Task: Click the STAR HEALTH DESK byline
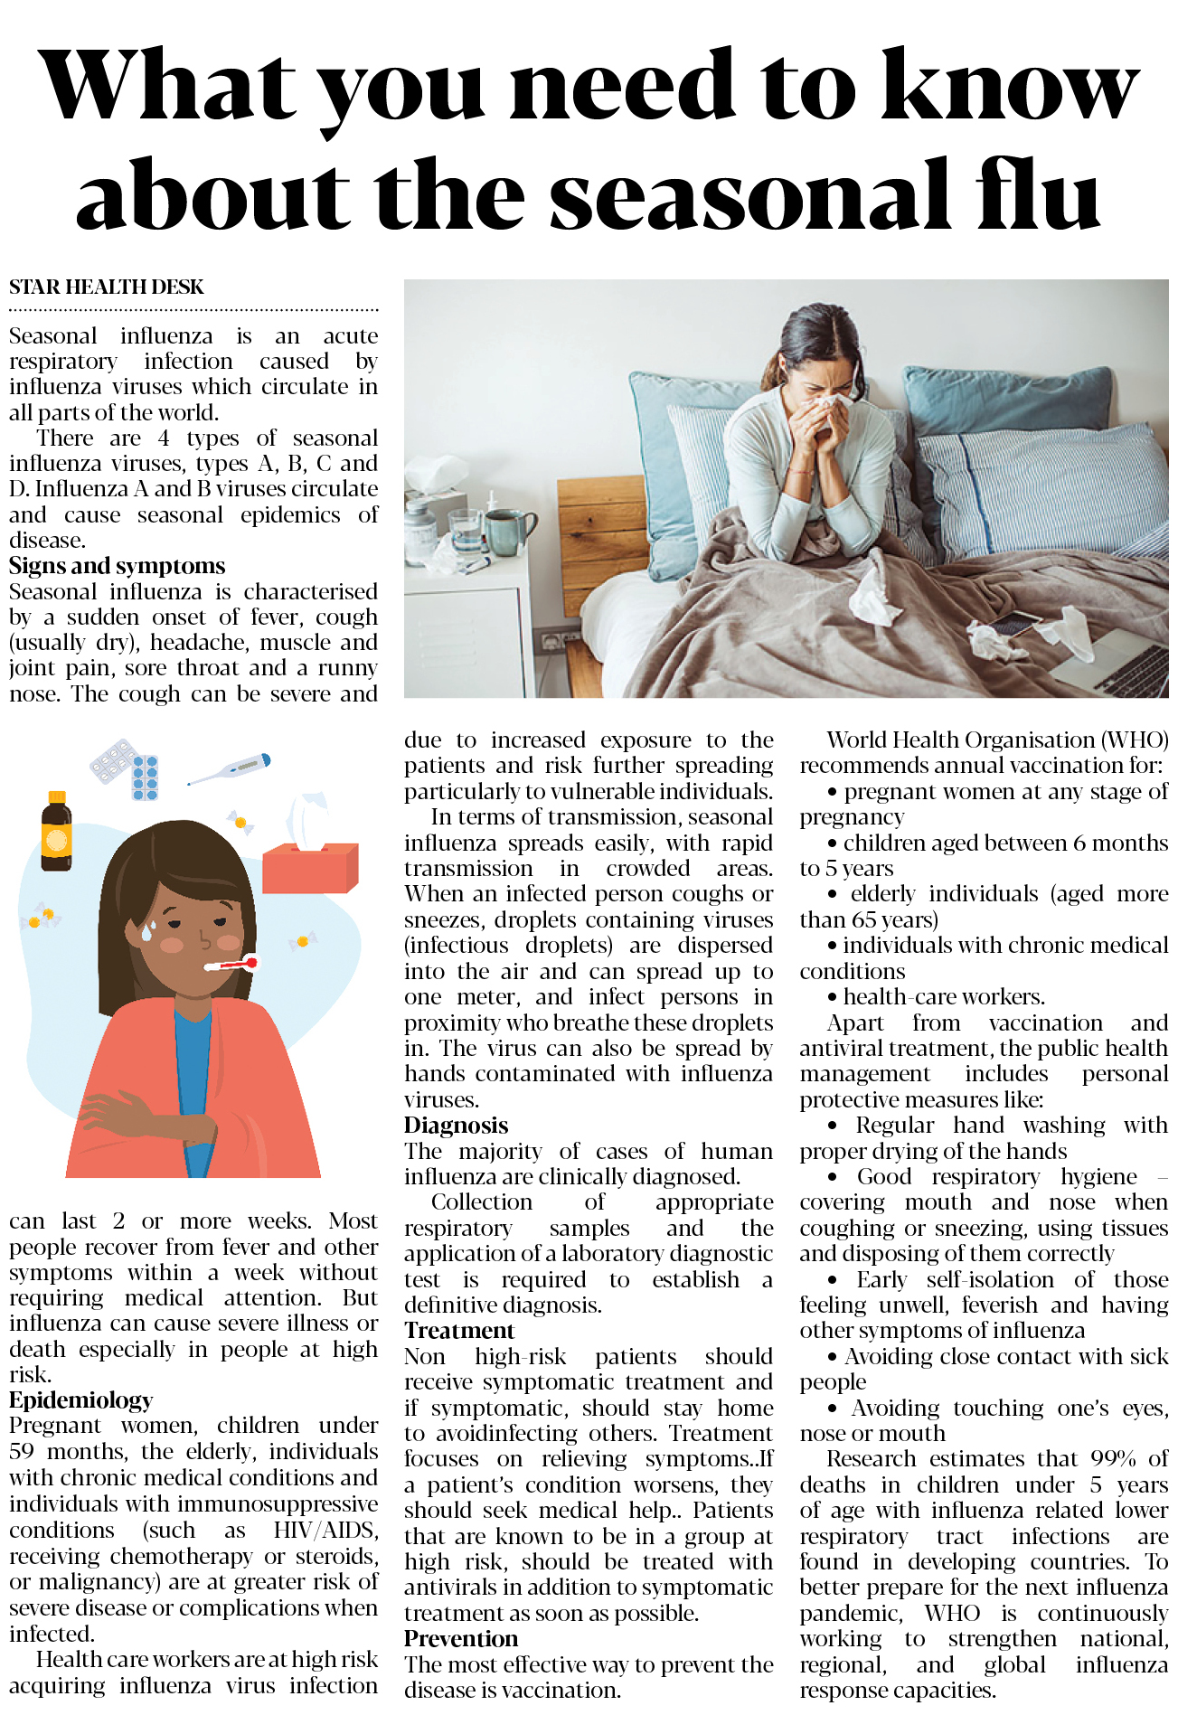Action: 107,287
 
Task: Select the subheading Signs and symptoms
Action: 118,566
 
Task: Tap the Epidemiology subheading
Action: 81,1400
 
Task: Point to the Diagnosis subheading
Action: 456,1126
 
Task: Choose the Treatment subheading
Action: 459,1331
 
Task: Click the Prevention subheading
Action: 461,1639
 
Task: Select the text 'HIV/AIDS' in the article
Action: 325,1531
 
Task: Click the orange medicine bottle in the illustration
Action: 56,832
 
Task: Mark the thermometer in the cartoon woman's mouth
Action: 231,965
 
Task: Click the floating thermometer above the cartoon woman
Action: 231,769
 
